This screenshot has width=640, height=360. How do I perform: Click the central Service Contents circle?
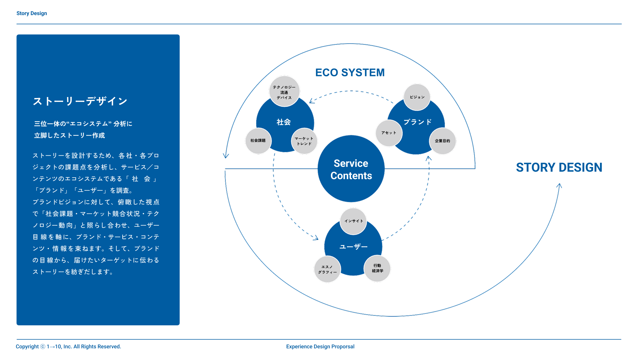(x=351, y=169)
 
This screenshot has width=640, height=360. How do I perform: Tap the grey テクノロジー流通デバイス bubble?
(x=284, y=91)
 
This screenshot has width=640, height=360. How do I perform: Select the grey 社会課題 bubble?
(x=258, y=141)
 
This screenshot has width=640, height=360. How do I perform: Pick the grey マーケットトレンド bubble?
(x=304, y=141)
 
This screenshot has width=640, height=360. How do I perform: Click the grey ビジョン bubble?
(x=417, y=97)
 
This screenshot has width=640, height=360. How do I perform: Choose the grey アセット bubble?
(x=389, y=133)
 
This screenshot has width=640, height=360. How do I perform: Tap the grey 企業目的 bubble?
(x=442, y=141)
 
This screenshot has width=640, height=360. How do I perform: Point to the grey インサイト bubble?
(x=353, y=221)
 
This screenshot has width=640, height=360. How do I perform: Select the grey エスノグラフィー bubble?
(x=327, y=269)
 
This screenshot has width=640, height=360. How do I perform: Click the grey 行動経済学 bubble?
(x=377, y=268)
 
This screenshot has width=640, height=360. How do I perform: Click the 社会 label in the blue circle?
(x=284, y=122)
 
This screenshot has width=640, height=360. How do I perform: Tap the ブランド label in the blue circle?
(x=418, y=122)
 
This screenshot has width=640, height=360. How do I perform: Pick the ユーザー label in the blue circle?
(x=353, y=247)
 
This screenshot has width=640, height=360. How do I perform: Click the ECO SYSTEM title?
(x=350, y=72)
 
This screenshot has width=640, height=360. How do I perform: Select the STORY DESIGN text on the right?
(x=559, y=167)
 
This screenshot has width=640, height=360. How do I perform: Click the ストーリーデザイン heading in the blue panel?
(x=80, y=101)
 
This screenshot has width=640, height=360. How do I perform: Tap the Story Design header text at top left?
(x=32, y=13)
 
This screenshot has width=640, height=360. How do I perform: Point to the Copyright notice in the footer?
(x=68, y=347)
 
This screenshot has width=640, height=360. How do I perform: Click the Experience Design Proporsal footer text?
(x=320, y=347)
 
